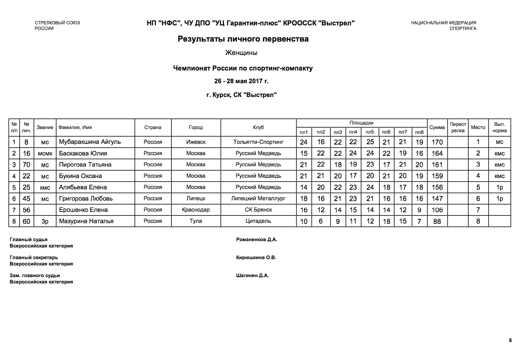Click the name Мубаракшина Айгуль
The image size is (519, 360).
coord(90,142)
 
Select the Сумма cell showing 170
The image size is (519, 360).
coord(437,142)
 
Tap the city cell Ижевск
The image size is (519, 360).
coord(196,142)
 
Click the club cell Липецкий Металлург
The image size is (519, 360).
coord(258,199)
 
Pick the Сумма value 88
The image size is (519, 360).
coord(437,221)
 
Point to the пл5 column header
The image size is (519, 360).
coord(370,132)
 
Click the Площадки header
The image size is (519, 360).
coord(361,123)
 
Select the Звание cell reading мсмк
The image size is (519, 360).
coord(45,153)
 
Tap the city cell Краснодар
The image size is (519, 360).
coord(196,210)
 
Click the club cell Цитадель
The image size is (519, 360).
coord(258,221)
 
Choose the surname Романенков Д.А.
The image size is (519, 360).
coord(256,240)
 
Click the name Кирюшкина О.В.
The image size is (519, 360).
coord(256,258)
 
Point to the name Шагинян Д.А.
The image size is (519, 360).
coord(252,276)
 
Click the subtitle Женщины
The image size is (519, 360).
coord(241,53)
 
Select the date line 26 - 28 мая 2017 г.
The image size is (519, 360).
coord(241,81)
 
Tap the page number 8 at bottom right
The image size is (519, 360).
coord(510,340)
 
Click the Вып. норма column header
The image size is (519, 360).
coord(499,127)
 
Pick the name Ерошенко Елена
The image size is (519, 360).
coord(83,210)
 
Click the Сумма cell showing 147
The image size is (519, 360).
coord(437,199)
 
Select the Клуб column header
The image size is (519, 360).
coord(258,127)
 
